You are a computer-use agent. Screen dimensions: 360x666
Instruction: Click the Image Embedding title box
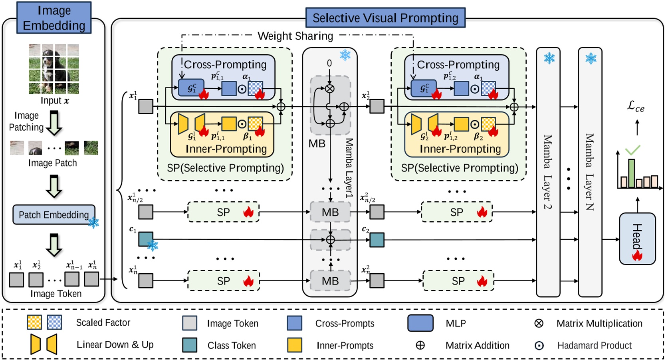[54, 18]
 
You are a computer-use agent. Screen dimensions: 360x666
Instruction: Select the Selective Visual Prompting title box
[385, 18]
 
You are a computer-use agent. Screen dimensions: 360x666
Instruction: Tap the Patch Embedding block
[54, 215]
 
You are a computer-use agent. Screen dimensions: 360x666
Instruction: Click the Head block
[637, 239]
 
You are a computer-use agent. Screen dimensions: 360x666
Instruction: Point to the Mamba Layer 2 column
[548, 172]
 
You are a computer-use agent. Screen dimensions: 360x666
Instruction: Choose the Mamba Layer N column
[590, 172]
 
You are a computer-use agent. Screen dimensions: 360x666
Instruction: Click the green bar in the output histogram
[631, 173]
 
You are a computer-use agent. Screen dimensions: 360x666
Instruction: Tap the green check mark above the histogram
[633, 150]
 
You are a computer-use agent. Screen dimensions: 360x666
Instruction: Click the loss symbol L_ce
[636, 106]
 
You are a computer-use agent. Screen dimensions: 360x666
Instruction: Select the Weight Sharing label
[295, 36]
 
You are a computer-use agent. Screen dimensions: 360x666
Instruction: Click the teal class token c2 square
[377, 240]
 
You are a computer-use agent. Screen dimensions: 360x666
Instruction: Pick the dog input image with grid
[54, 69]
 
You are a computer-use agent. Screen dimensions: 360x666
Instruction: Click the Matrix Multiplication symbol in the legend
[539, 323]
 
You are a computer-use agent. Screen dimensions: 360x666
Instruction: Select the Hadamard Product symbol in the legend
[539, 345]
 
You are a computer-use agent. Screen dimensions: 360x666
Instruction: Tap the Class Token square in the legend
[190, 345]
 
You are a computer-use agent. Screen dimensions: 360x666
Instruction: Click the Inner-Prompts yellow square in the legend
[294, 345]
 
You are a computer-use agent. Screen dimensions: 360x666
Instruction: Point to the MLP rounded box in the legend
[420, 323]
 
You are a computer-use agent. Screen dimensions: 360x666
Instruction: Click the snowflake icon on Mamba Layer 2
[549, 58]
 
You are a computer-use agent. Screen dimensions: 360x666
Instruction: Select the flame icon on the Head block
[637, 255]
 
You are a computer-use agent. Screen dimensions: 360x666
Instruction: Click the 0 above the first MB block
[329, 63]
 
